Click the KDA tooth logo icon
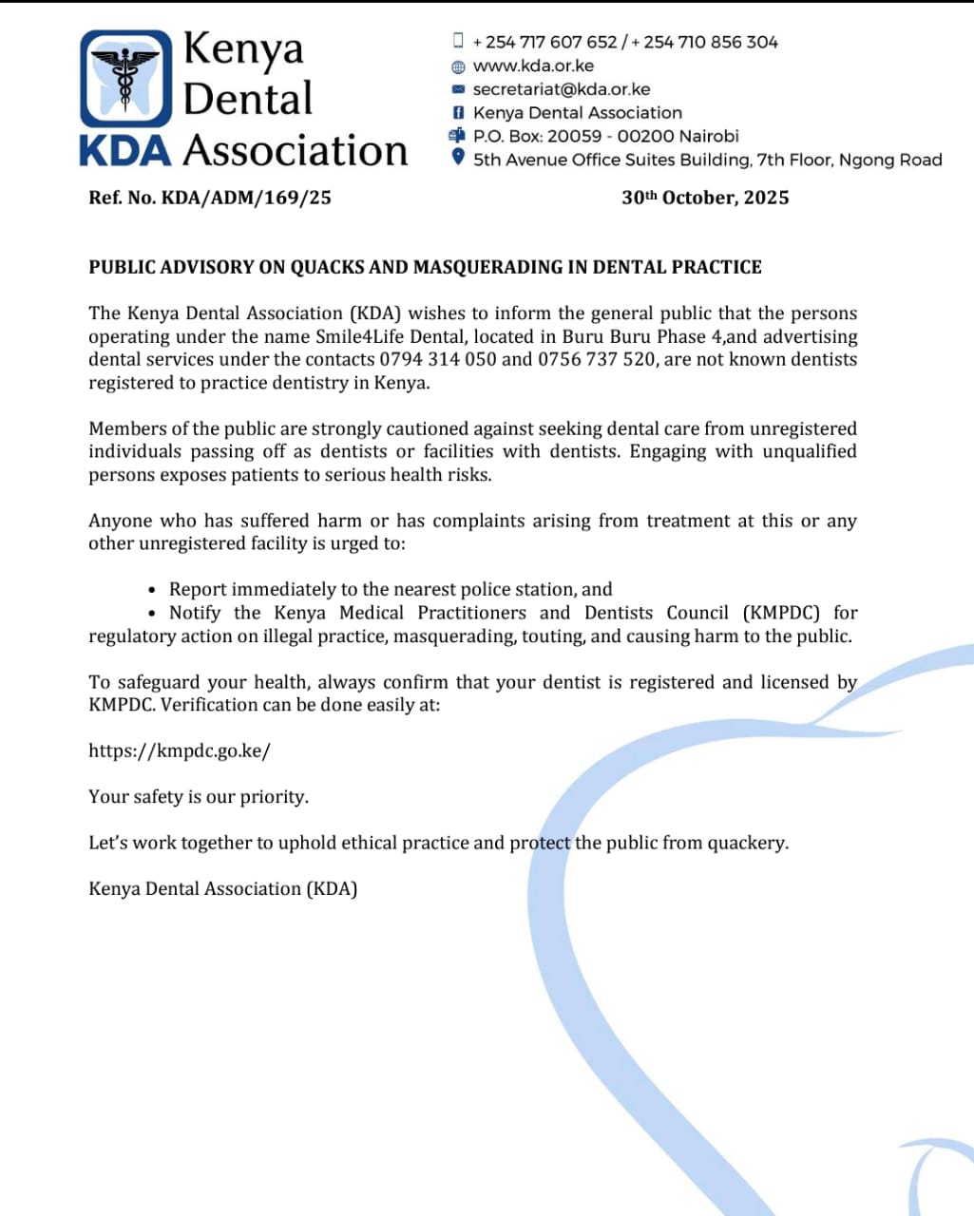tap(126, 79)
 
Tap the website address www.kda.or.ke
tap(533, 66)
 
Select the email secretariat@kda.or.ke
tap(562, 89)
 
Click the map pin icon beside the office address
tap(458, 158)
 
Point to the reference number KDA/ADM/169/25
tap(247, 198)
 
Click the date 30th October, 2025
tap(705, 198)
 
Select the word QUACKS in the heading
tap(327, 267)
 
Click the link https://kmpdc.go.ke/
tap(180, 750)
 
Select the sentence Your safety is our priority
tap(199, 796)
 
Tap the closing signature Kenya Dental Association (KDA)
tap(223, 888)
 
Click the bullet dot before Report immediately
tap(152, 590)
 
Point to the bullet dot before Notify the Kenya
tap(152, 613)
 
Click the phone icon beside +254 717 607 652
tap(458, 40)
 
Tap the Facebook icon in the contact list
tap(458, 112)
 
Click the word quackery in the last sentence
tap(747, 843)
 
